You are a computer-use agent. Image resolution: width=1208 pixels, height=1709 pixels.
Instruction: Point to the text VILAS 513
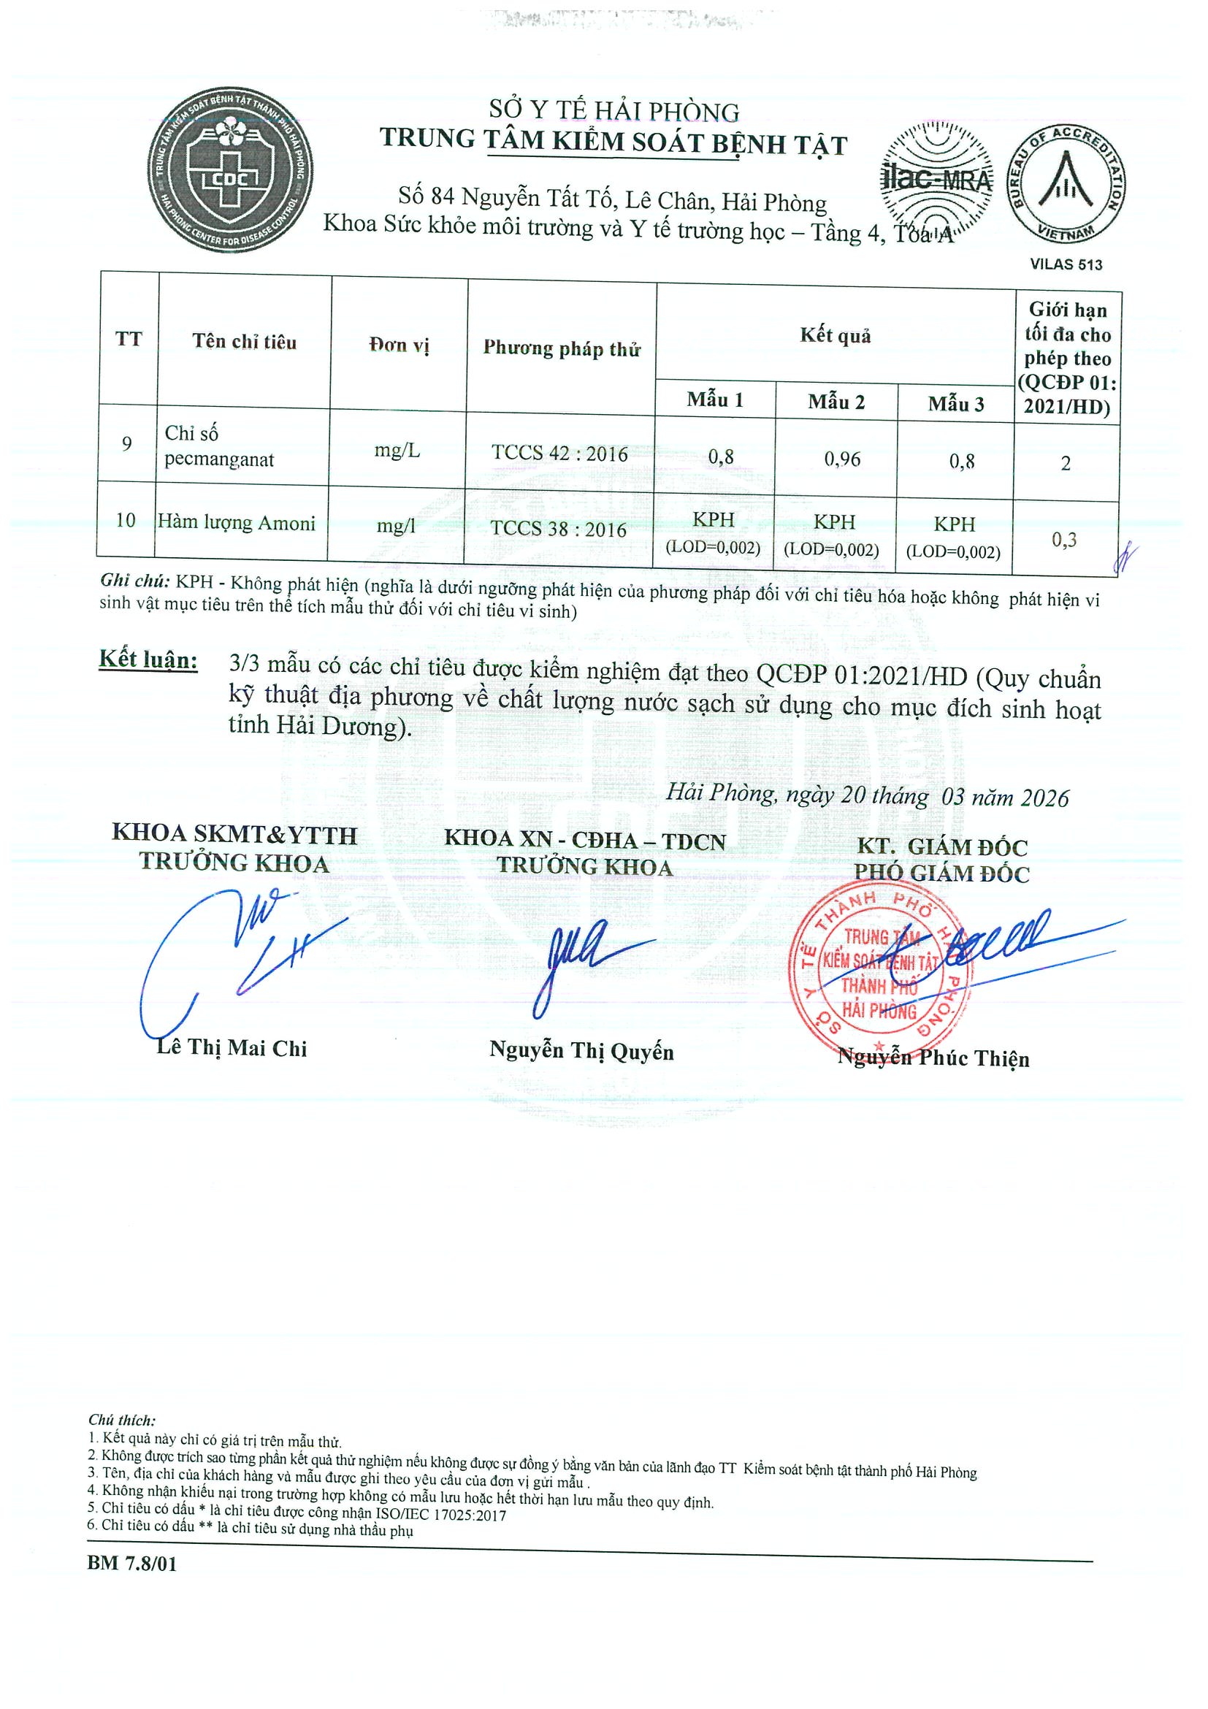(1066, 264)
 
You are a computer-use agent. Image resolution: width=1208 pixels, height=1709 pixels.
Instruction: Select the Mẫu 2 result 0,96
(842, 459)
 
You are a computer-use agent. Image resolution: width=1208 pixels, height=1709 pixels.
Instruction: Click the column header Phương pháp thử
(561, 348)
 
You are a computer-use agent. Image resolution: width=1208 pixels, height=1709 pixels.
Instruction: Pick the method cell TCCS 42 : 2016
(559, 454)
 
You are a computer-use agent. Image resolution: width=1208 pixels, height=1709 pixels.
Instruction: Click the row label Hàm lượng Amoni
(237, 523)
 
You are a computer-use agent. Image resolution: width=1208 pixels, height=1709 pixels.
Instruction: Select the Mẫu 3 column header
(956, 404)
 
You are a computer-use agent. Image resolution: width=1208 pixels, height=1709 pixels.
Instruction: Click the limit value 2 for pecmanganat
(1065, 464)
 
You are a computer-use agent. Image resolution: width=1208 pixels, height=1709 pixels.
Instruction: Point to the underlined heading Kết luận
(148, 660)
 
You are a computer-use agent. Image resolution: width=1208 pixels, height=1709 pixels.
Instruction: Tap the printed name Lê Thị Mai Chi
(232, 1048)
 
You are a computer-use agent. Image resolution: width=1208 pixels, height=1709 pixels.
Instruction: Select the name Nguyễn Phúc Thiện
(933, 1058)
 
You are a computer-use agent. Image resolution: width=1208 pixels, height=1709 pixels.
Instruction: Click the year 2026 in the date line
(1044, 798)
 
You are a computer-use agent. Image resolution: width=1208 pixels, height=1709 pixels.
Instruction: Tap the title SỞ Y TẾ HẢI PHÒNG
(613, 112)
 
